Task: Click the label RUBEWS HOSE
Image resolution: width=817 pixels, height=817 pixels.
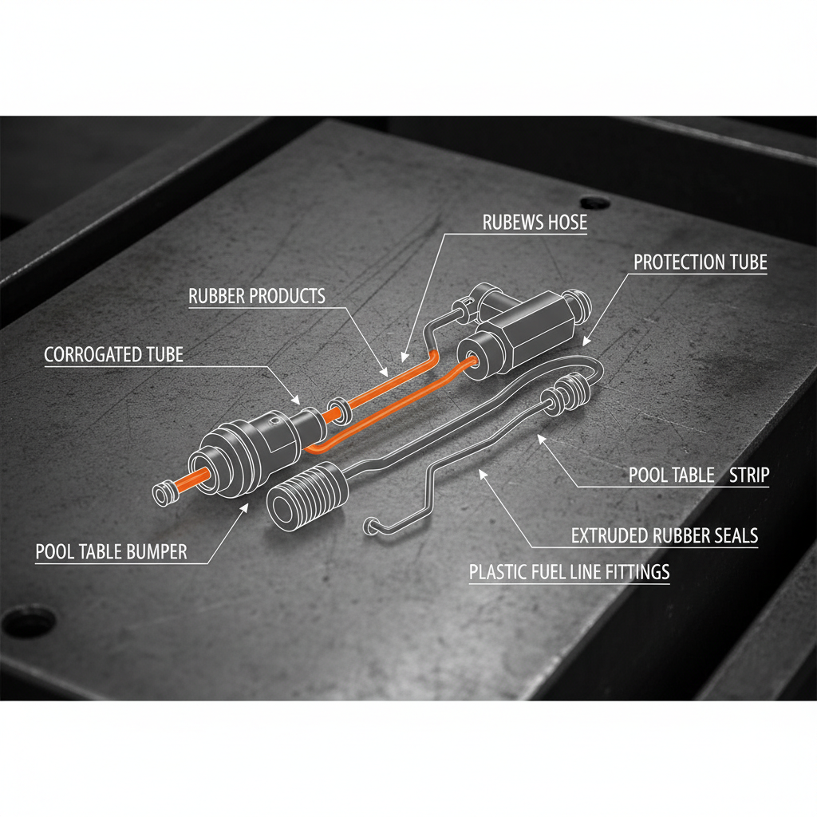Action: click(x=535, y=223)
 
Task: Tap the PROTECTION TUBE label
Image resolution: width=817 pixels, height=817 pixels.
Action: click(x=700, y=262)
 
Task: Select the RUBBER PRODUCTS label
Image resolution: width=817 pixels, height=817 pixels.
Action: click(x=257, y=296)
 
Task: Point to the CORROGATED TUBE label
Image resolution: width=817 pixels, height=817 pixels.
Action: click(x=113, y=354)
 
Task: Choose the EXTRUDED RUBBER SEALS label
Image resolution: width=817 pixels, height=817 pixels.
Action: click(x=665, y=536)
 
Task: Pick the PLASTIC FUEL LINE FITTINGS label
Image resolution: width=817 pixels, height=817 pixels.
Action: click(x=569, y=572)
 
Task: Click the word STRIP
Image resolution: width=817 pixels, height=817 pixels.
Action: click(x=749, y=476)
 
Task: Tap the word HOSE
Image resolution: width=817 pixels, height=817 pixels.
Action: click(x=564, y=223)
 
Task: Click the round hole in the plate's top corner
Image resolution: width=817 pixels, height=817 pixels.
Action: click(x=594, y=203)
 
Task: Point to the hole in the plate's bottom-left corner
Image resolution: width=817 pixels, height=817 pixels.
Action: click(x=30, y=620)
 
